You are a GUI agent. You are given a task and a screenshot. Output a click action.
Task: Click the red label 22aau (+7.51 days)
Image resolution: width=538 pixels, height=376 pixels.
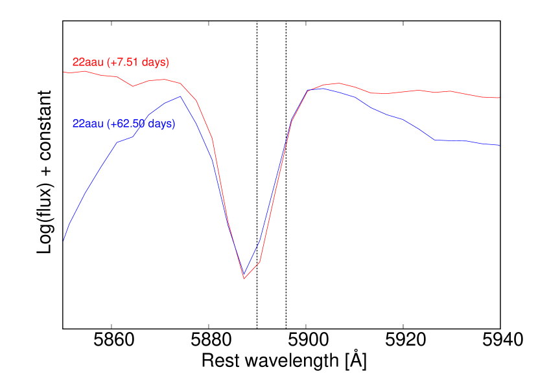[x=121, y=63]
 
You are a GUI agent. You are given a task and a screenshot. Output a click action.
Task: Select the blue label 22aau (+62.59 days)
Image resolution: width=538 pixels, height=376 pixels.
[x=124, y=124]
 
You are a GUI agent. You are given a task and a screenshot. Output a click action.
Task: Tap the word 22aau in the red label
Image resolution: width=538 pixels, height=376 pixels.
[x=88, y=63]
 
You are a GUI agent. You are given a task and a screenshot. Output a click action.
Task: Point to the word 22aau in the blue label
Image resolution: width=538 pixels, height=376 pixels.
[x=88, y=124]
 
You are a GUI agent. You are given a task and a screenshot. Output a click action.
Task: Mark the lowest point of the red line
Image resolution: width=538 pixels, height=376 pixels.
[x=244, y=279]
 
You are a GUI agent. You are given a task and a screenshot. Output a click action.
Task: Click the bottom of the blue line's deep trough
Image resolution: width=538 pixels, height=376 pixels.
[x=244, y=276]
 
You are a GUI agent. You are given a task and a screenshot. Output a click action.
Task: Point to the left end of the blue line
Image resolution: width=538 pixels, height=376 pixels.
[x=64, y=240]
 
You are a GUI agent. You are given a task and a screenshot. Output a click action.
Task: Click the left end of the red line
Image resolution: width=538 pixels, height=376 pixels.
[x=64, y=72]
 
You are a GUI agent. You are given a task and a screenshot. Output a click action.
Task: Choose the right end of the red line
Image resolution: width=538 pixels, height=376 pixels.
[x=500, y=98]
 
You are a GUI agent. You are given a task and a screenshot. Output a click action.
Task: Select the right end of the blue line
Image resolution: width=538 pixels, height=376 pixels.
[x=500, y=146]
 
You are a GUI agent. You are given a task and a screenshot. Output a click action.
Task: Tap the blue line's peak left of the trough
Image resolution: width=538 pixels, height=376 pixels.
[x=180, y=96]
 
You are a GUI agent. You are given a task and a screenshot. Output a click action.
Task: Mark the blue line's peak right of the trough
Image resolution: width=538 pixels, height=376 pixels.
[x=320, y=87]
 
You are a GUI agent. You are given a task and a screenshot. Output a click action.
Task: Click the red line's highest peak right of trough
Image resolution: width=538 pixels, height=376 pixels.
[x=338, y=83]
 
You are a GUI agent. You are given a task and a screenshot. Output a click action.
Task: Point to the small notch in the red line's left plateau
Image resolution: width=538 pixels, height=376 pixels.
[x=133, y=86]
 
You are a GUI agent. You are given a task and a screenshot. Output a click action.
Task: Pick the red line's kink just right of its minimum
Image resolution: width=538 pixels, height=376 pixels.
[x=260, y=261]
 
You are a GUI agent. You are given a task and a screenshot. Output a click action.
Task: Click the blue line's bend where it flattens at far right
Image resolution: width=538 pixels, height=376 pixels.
[x=435, y=140]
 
